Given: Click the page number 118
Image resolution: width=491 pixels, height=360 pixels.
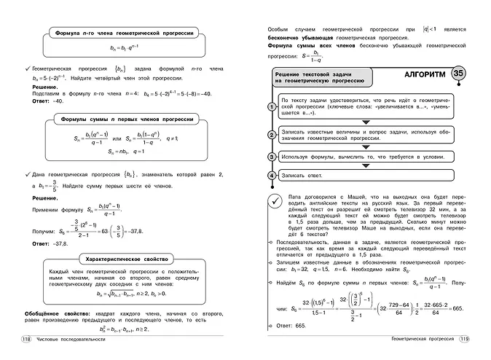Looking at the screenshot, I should pyautogui.click(x=26, y=340).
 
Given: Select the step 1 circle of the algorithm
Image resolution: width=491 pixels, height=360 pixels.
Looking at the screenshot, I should pyautogui.click(x=271, y=106).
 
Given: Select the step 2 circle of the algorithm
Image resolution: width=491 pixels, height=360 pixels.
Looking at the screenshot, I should pyautogui.click(x=271, y=134).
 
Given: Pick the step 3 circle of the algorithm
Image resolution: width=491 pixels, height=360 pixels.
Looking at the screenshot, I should pyautogui.click(x=271, y=156).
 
